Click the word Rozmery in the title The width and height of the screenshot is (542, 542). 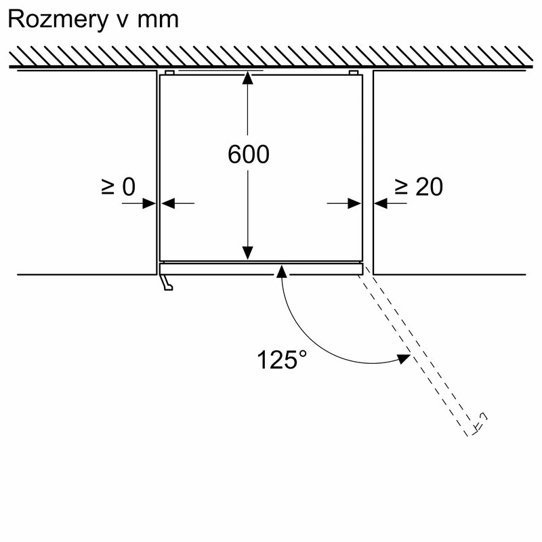56,19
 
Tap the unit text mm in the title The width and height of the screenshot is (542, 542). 158,19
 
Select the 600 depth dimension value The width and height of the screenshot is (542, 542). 248,154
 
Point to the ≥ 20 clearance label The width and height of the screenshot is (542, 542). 419,186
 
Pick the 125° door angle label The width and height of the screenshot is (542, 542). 278,359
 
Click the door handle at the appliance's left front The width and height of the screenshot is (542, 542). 166,282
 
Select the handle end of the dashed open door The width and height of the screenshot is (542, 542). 478,423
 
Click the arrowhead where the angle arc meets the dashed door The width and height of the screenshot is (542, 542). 405,358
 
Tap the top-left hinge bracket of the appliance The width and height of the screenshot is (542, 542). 169,72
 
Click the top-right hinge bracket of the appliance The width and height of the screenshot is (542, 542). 352,72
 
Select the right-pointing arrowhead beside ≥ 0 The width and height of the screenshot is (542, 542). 150,203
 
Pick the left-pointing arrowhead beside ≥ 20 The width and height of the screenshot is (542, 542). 380,203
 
